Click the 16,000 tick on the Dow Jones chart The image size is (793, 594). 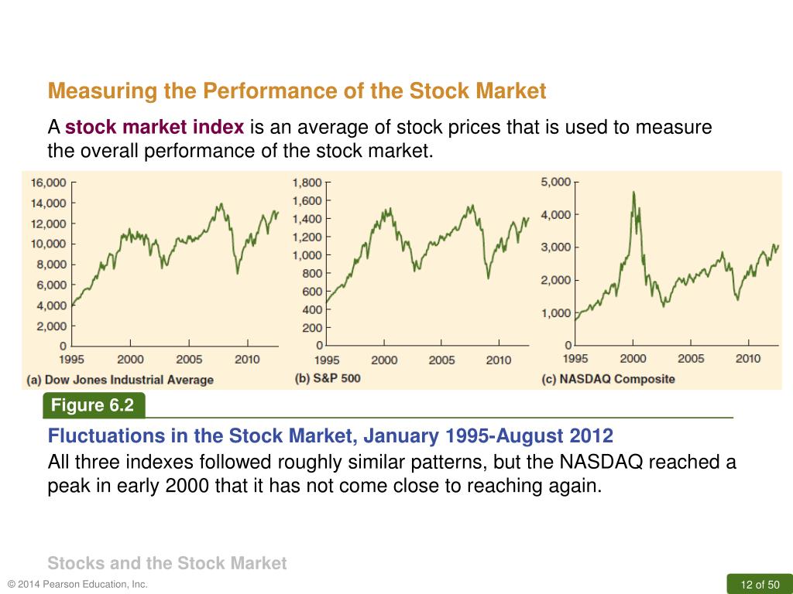coord(48,183)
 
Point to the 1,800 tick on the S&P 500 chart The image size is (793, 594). coord(307,183)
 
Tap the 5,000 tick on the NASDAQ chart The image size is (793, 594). coord(555,182)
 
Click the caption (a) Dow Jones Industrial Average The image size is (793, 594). coord(120,380)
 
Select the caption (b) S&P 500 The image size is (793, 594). coord(328,378)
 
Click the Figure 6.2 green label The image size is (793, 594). coord(93,405)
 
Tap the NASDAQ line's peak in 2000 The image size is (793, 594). coord(633,192)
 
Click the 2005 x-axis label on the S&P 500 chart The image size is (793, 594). coord(442,360)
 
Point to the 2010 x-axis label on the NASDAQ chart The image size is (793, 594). coord(748,359)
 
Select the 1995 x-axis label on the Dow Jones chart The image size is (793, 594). coord(72,360)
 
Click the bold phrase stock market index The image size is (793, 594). coord(155,128)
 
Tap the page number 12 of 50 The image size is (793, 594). coord(760,584)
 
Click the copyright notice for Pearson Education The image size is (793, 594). coord(77,584)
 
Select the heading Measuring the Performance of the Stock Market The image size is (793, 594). coord(297,91)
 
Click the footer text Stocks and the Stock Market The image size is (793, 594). coord(166,563)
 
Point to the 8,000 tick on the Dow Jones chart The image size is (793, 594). coord(51,265)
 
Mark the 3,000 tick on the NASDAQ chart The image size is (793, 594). coord(555,247)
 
